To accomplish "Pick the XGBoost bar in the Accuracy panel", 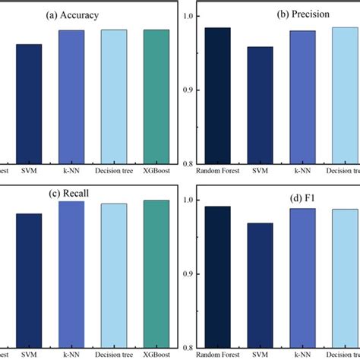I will coord(156,96).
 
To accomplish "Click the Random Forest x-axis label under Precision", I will coord(217,171).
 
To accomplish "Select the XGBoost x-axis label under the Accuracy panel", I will coord(156,171).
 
